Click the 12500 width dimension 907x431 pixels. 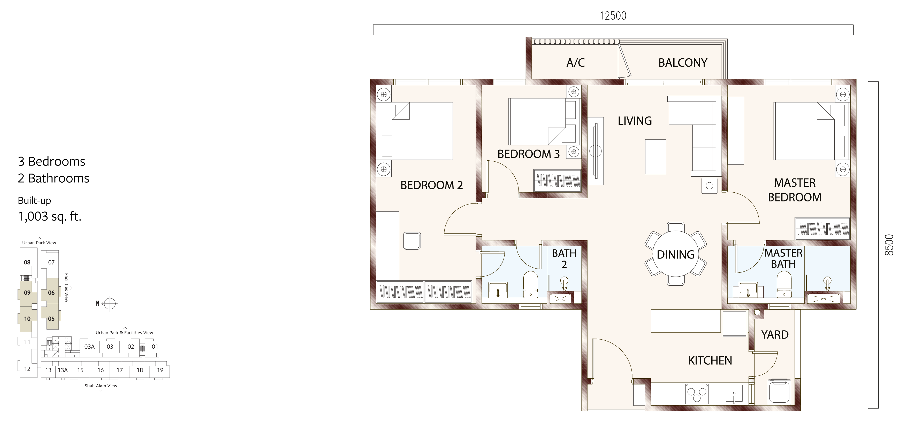613,16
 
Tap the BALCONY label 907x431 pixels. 683,63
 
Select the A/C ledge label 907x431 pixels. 576,63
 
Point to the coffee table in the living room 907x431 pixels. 655,156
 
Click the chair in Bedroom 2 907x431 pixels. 412,241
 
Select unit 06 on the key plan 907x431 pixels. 51,292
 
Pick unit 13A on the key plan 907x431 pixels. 63,370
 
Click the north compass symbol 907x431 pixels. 110,303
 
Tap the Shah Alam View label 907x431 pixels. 101,386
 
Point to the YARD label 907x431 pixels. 775,335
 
